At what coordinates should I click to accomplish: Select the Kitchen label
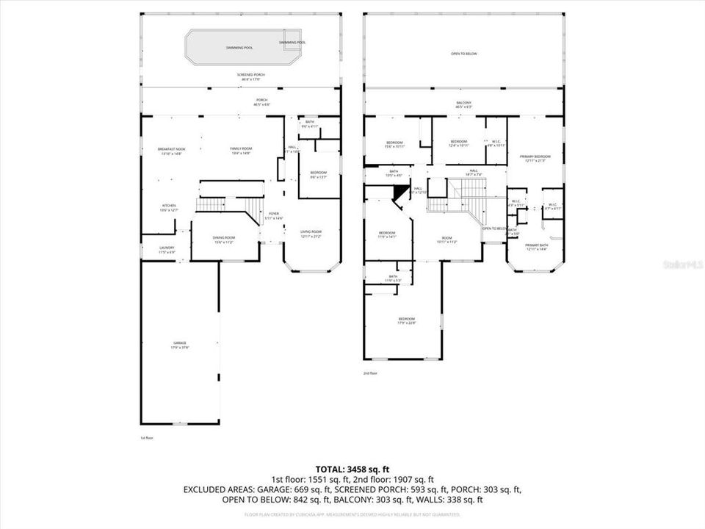(169, 207)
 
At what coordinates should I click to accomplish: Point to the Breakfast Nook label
(171, 151)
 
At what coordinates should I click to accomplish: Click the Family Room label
(241, 151)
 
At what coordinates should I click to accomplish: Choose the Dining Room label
(224, 239)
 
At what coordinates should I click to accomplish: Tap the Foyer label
(273, 215)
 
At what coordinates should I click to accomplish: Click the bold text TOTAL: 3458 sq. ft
(352, 468)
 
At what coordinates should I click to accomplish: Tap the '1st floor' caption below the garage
(146, 438)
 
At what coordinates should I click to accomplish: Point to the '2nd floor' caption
(370, 373)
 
